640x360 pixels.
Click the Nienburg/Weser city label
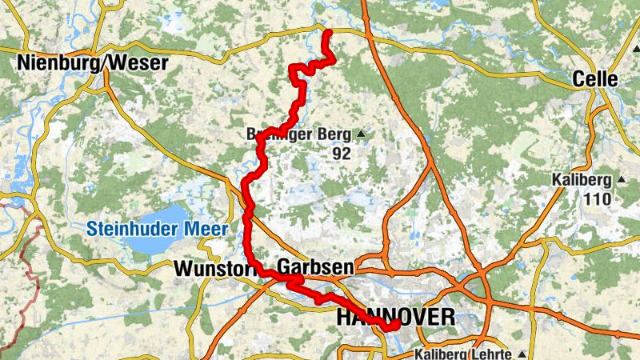coord(93,62)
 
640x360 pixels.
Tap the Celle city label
coord(595,78)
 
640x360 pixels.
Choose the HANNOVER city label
coord(395,317)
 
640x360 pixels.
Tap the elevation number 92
coord(342,154)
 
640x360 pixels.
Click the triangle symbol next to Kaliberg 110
coord(619,179)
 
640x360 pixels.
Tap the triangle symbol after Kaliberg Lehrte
coord(522,354)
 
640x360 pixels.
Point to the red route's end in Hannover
coord(393,325)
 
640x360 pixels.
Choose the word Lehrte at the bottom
coord(494,354)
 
